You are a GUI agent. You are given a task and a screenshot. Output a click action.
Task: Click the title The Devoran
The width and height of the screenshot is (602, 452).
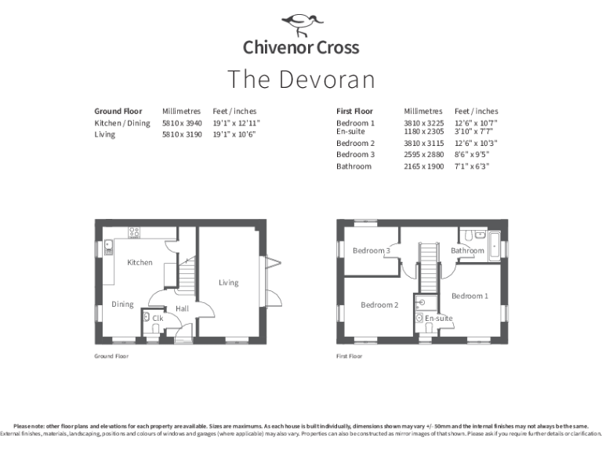coord(301,79)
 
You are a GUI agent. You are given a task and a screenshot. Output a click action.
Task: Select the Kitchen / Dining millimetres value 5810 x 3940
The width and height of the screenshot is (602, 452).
coord(182,123)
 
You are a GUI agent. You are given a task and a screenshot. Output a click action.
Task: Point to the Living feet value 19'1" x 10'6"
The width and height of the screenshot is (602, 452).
coord(236,134)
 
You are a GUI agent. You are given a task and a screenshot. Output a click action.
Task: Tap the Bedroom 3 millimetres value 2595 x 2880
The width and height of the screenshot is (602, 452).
coord(423,155)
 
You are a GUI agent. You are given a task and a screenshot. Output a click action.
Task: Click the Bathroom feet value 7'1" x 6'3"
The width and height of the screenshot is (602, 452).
coord(471,166)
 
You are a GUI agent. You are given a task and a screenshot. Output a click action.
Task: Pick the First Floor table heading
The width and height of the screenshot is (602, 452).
coord(354,111)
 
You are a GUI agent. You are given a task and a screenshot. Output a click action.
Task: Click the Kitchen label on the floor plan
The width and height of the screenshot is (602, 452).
coord(140,262)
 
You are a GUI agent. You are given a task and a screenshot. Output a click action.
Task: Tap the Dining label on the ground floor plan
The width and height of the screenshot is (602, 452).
coord(122,304)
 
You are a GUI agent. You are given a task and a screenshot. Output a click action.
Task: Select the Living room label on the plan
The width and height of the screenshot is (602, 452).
coord(228,282)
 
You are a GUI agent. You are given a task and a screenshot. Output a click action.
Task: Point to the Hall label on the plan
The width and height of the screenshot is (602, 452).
coord(182,309)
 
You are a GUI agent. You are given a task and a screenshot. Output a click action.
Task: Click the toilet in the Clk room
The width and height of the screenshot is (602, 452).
coord(147,319)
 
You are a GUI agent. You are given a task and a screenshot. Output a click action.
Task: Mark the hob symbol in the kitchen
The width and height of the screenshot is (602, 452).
coord(134,232)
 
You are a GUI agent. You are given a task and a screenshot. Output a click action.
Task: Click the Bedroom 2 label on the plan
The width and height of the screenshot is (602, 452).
coord(379,304)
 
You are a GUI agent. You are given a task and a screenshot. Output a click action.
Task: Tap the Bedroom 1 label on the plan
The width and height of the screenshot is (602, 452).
coord(470,296)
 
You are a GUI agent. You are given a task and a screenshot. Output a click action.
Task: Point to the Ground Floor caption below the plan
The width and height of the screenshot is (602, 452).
coord(111,356)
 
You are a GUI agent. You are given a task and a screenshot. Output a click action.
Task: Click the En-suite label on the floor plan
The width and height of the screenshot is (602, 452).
coord(439,319)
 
